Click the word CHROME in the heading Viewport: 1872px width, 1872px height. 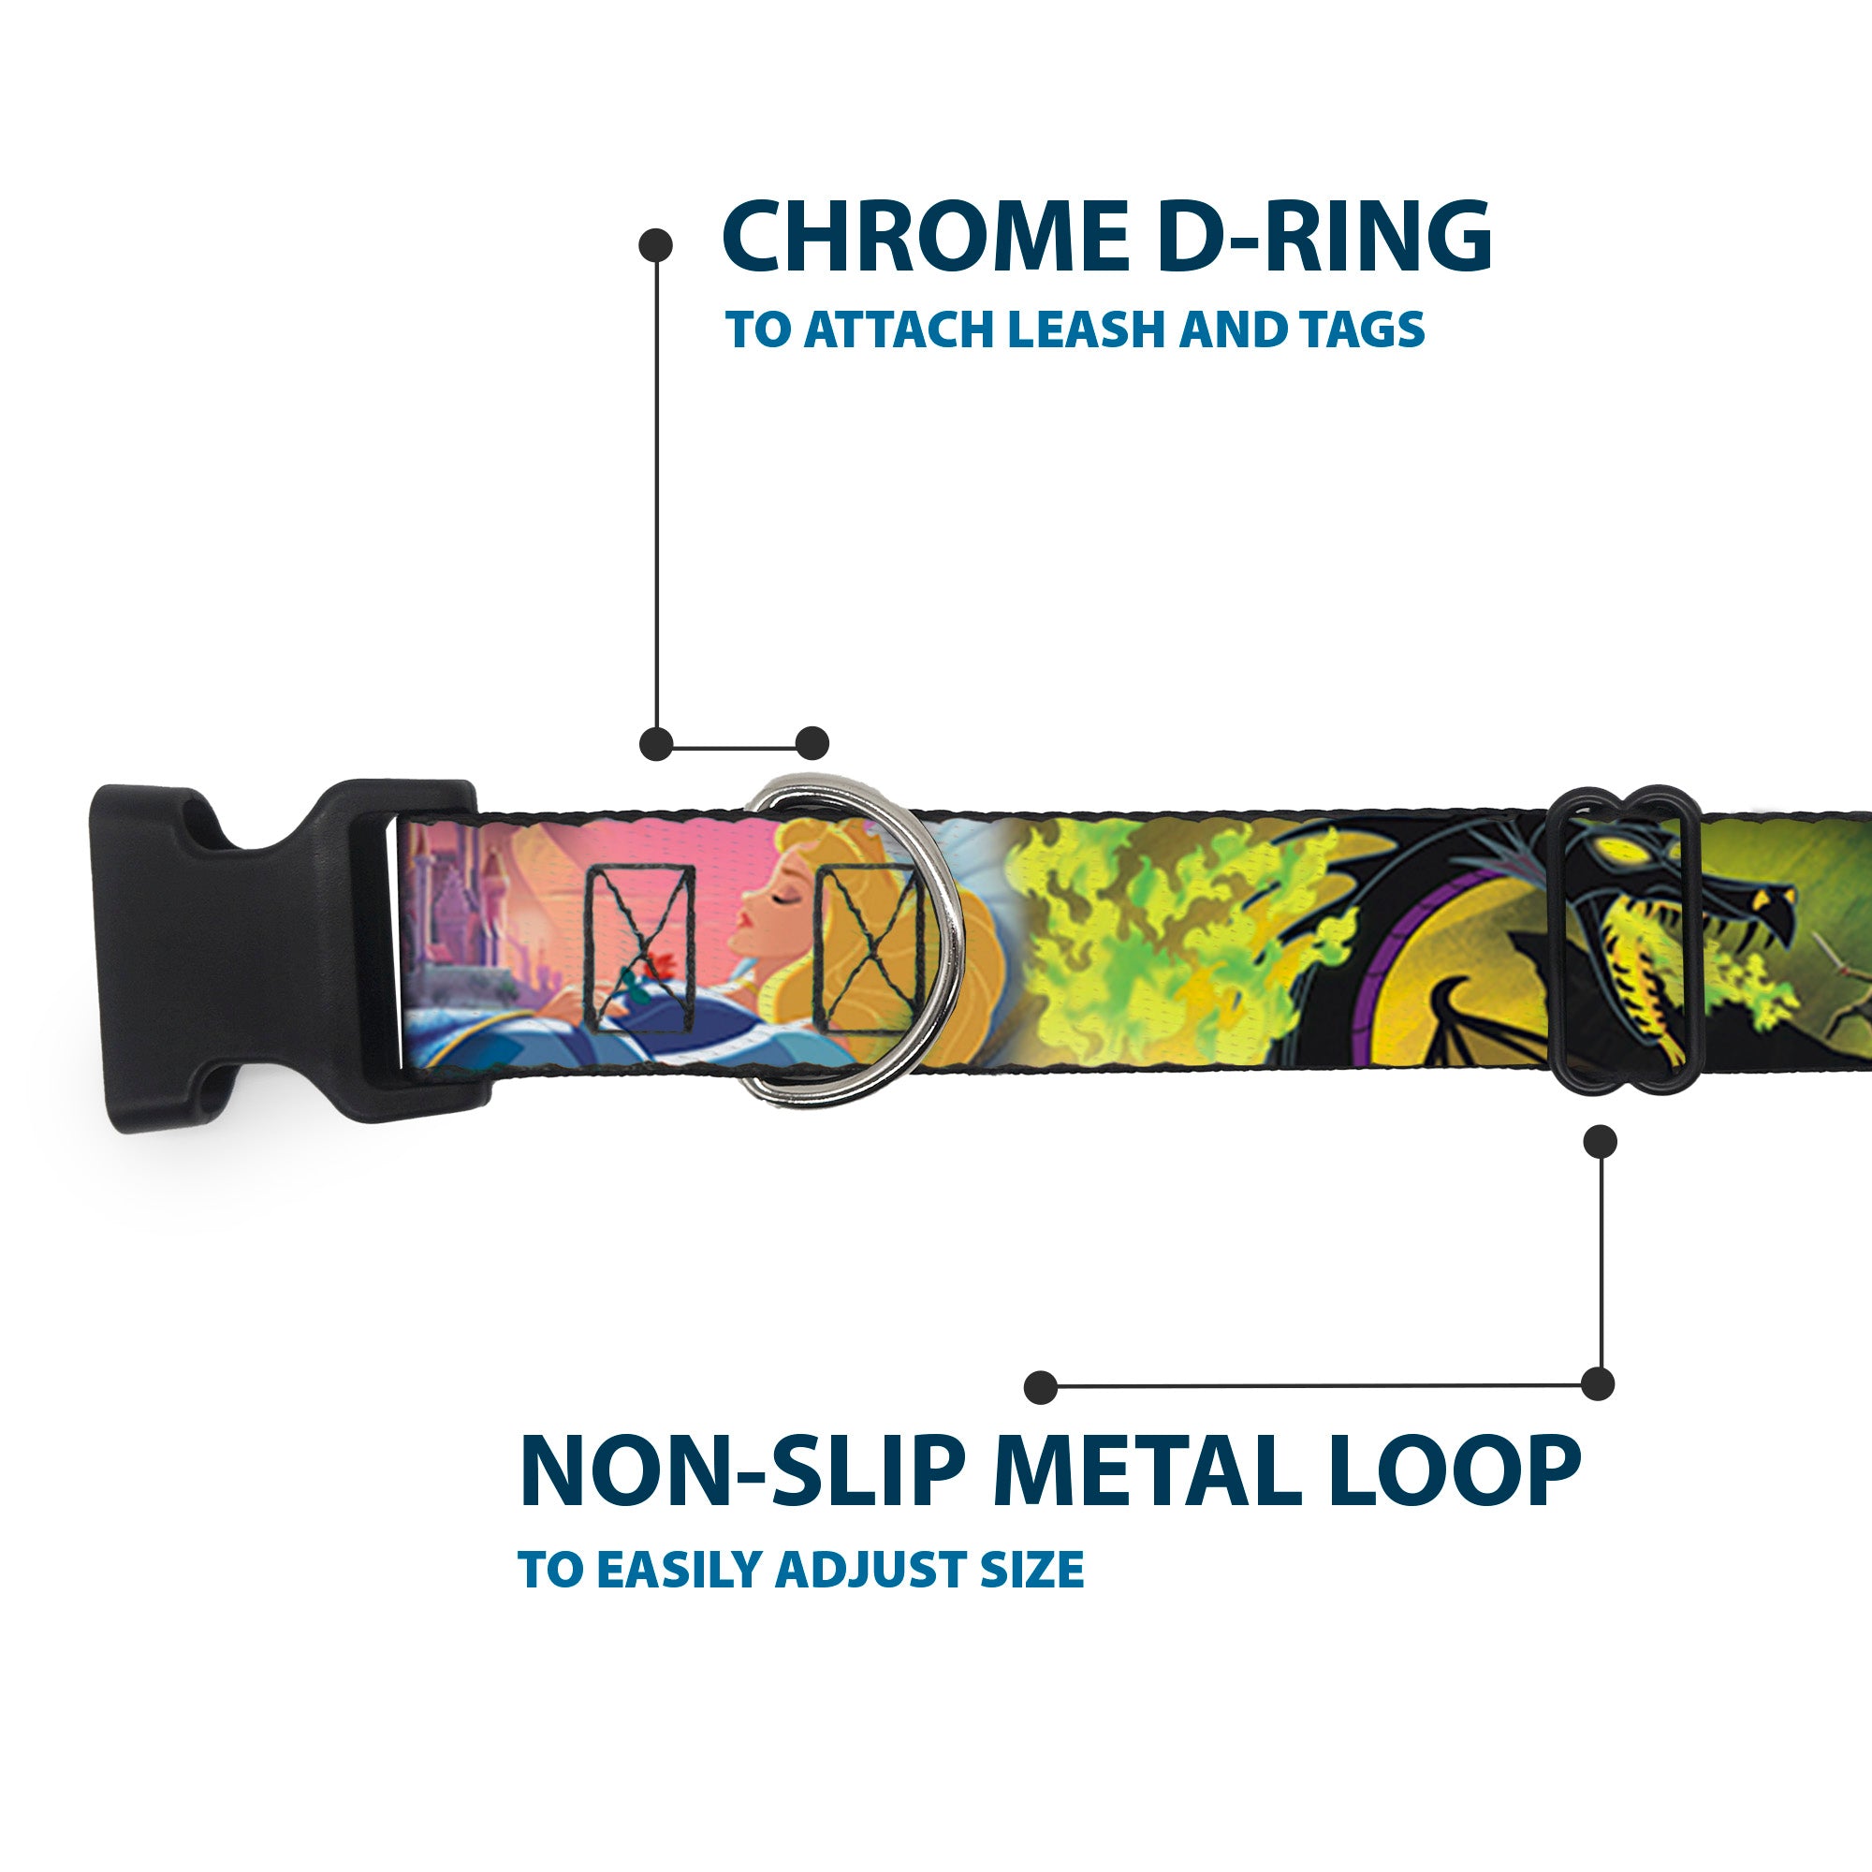(926, 238)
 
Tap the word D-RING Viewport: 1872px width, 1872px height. (1324, 238)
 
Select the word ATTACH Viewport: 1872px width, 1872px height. (899, 329)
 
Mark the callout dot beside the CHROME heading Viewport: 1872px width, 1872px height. (656, 244)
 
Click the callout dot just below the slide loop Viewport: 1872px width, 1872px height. (1600, 1140)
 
